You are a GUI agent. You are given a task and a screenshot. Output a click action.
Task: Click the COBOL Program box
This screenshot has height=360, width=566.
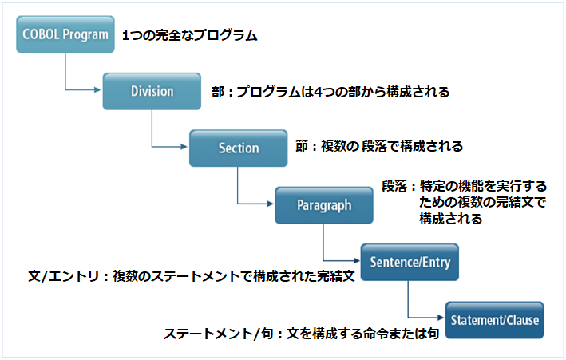click(65, 34)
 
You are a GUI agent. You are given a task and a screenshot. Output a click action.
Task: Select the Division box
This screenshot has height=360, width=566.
click(152, 91)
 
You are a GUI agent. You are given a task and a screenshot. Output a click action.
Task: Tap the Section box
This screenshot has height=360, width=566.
click(238, 148)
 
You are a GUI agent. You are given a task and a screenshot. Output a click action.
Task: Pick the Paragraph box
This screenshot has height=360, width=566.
click(324, 205)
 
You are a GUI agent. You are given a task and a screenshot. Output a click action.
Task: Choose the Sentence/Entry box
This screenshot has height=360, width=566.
click(410, 263)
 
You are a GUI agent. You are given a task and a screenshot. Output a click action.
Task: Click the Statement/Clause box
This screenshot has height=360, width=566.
click(494, 320)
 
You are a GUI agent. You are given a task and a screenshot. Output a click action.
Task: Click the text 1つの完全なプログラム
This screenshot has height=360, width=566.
click(190, 36)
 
